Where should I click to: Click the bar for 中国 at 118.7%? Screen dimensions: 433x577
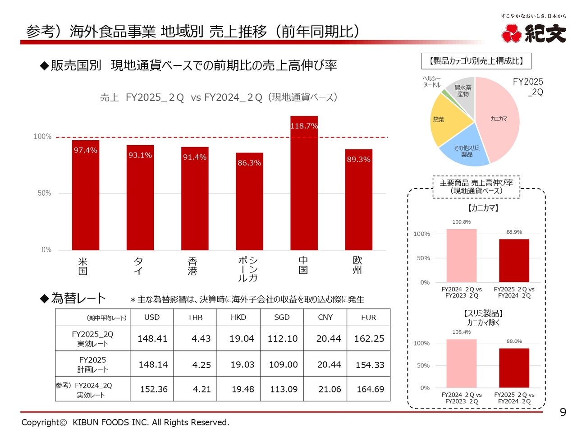[x=304, y=189]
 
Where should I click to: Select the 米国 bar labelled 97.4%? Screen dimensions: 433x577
[x=86, y=198]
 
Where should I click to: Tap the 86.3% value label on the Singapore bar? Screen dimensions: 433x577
[x=249, y=163]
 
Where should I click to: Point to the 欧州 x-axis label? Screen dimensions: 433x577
[x=357, y=265]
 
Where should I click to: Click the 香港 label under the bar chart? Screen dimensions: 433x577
[x=192, y=266]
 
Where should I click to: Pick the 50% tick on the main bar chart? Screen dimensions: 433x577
[x=44, y=193]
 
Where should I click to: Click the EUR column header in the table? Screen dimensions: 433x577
[x=368, y=318]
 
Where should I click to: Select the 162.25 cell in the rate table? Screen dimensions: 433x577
[x=369, y=338]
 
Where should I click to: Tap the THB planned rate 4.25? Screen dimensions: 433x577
[x=201, y=365]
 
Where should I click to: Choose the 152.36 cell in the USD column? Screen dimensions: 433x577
[x=154, y=389]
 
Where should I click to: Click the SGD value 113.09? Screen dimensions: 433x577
[x=284, y=389]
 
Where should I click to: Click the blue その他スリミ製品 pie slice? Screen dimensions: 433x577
[x=466, y=151]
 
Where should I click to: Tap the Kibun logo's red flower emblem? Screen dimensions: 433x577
[x=511, y=33]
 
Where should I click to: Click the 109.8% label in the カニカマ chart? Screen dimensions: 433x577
[x=462, y=222]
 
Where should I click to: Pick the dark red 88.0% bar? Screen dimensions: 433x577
[x=514, y=368]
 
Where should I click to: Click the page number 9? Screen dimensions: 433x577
[x=563, y=412]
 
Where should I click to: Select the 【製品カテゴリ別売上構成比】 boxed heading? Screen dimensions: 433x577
[x=476, y=61]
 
